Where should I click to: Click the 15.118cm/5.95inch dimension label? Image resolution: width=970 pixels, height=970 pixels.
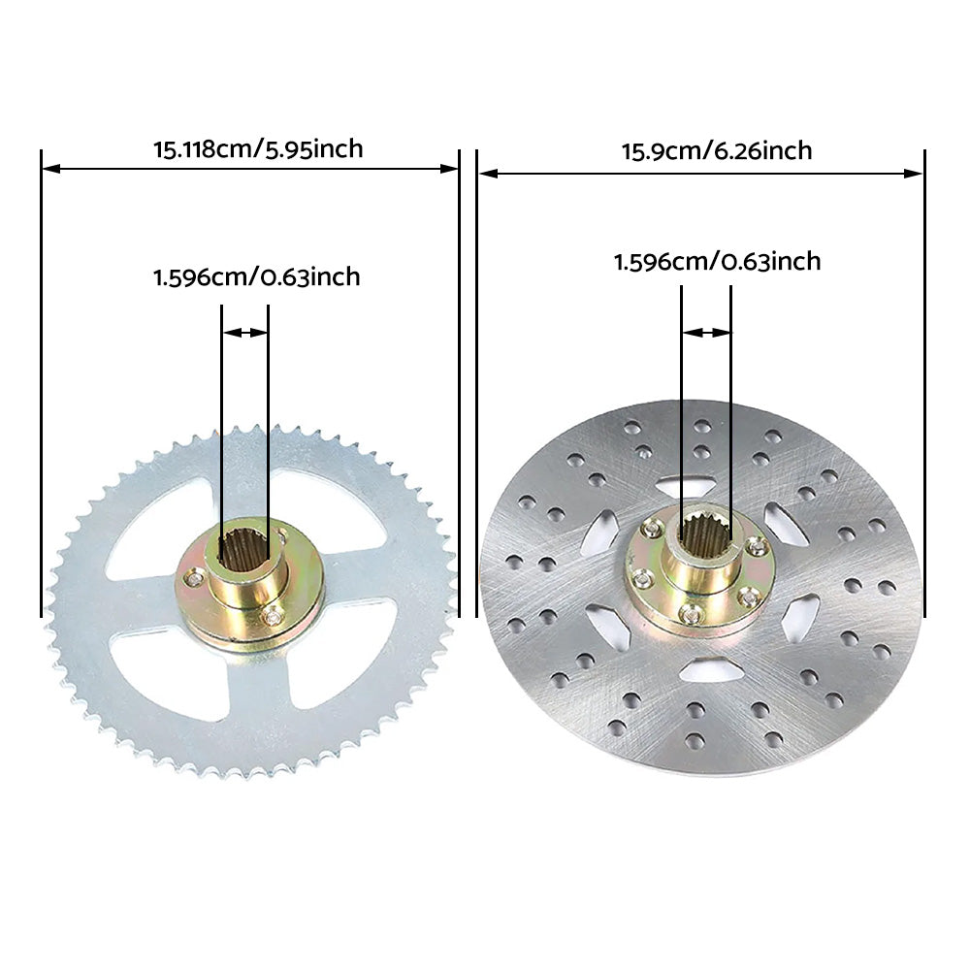[x=258, y=149]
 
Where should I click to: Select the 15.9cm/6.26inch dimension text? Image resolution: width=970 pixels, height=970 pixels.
[x=717, y=151]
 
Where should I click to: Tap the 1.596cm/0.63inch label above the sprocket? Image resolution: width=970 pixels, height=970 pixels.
[x=256, y=277]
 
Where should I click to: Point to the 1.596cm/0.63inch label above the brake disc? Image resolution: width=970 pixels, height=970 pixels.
[x=717, y=262]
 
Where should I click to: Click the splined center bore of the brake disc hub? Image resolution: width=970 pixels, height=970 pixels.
[x=702, y=534]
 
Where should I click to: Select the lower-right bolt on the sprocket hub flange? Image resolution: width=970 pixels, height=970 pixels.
[x=275, y=615]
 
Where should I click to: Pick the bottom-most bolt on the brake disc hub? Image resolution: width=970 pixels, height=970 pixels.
[x=690, y=611]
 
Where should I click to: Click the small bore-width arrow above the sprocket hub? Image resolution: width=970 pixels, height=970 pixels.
[x=244, y=333]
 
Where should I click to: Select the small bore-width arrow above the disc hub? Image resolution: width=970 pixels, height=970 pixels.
[x=705, y=333]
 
